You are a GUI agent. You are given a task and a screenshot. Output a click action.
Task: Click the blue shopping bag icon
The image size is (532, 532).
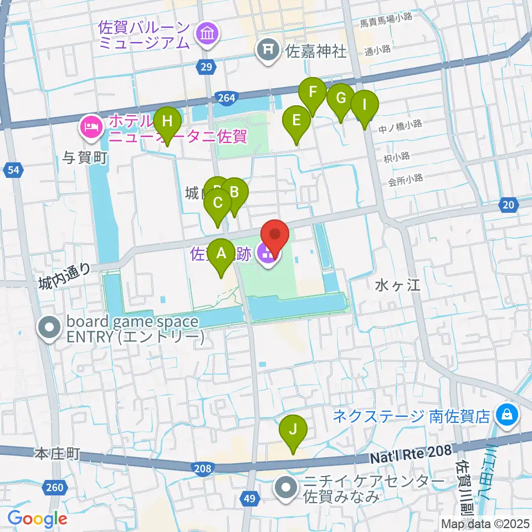click(x=506, y=413)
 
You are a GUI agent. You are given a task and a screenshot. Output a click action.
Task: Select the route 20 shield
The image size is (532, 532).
click(x=508, y=205)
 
